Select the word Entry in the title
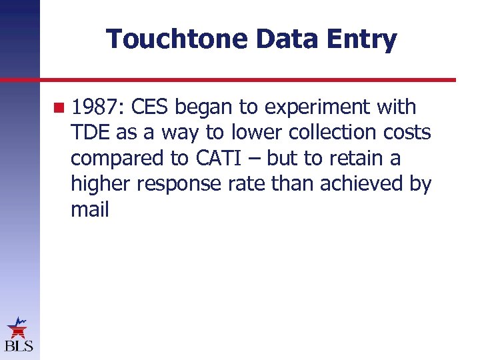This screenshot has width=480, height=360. point(365,39)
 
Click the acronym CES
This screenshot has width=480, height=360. point(151,107)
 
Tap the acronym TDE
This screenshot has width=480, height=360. point(91,133)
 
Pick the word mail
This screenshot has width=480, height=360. point(89,210)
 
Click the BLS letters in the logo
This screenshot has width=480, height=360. point(18,346)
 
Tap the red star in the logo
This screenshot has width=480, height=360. point(17,328)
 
